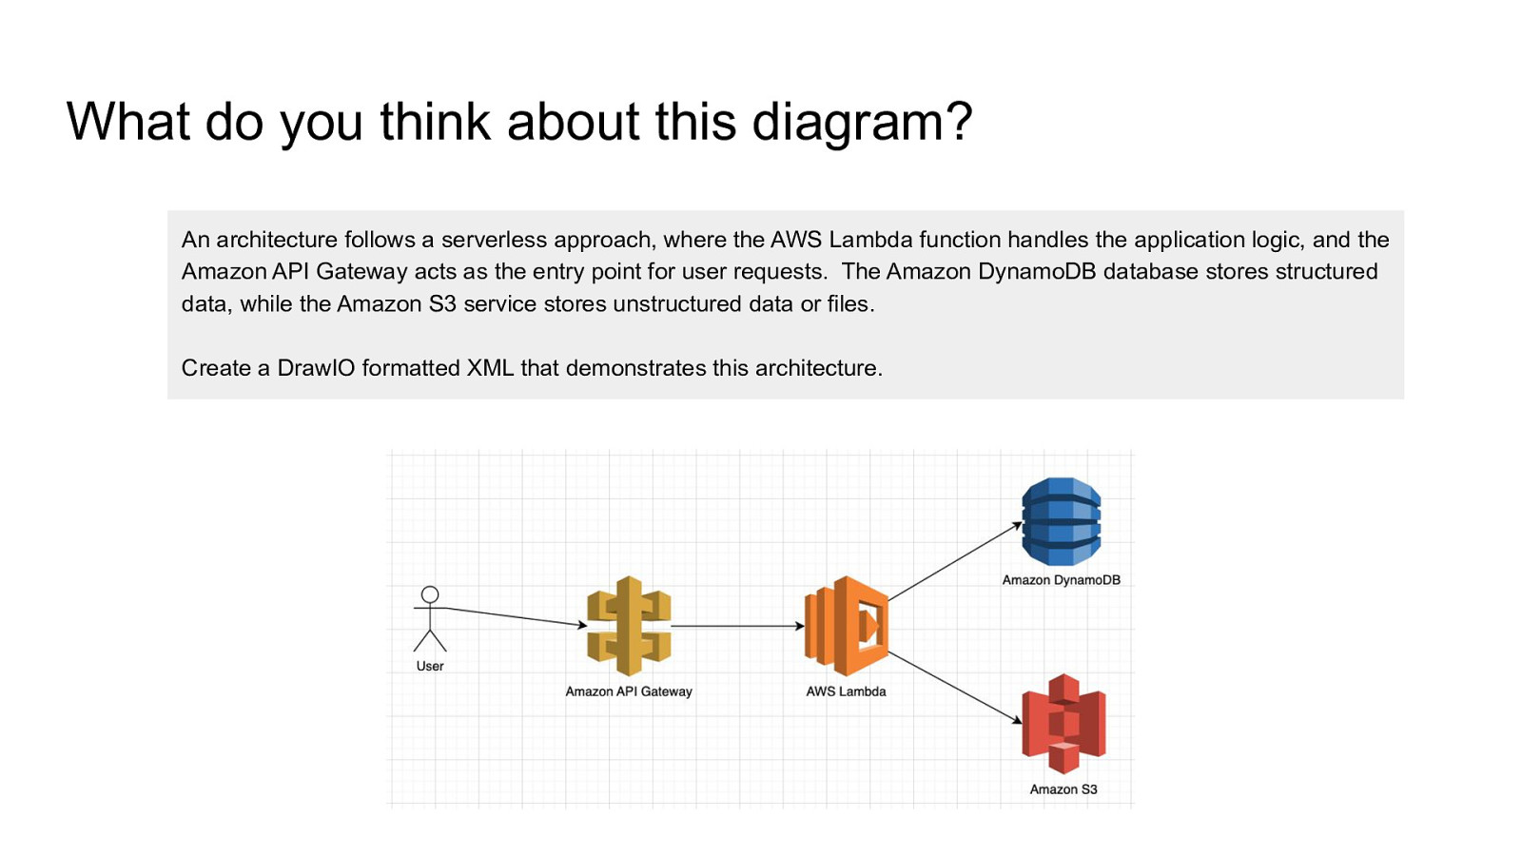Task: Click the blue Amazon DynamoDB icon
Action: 1061,521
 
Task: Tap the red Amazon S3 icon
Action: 1063,724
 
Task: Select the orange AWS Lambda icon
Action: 847,626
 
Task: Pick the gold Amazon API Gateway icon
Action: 629,626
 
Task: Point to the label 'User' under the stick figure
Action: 430,666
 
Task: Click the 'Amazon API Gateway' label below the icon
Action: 629,691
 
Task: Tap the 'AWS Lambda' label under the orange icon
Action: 846,691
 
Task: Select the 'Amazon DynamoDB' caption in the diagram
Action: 1061,580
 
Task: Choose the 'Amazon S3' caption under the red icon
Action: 1063,789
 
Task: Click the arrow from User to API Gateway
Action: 514,616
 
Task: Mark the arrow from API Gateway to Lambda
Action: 737,626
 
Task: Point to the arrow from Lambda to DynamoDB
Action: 954,562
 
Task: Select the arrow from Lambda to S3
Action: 954,687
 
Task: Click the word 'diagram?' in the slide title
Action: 863,123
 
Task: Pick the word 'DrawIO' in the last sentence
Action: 316,368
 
